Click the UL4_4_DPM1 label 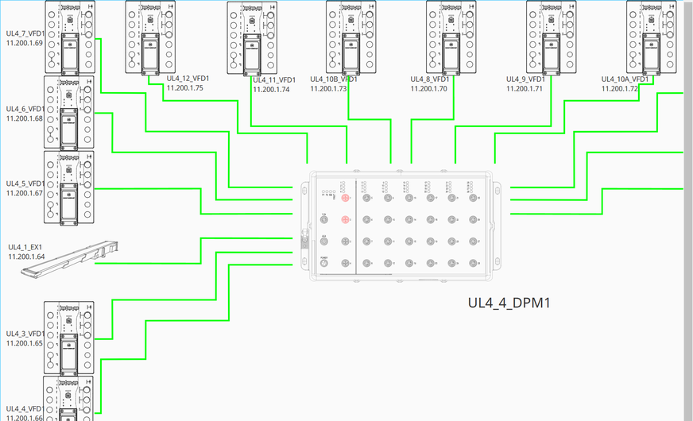click(509, 303)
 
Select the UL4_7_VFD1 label click(25, 33)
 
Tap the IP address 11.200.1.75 click(184, 88)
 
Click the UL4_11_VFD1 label click(275, 80)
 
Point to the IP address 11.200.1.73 click(329, 89)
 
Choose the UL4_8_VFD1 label click(430, 79)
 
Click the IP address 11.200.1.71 click(525, 89)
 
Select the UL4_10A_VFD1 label click(625, 79)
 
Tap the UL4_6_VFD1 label click(25, 109)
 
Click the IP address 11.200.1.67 click(25, 193)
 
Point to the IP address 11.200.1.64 click(26, 257)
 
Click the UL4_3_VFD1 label click(25, 334)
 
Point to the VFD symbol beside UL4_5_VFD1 click(70, 187)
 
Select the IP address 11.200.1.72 click(620, 89)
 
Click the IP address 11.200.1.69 click(25, 43)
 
